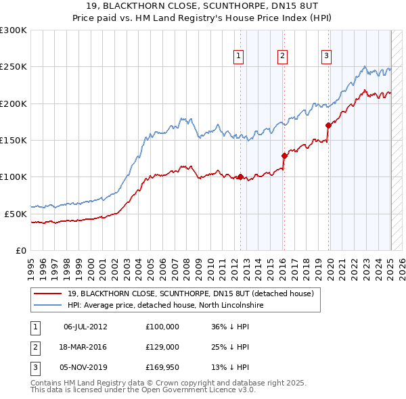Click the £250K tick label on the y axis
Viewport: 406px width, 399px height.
(14, 67)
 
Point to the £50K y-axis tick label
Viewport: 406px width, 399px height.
(16, 214)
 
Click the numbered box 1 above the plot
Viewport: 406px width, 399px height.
(240, 56)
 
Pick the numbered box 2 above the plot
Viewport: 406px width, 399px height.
(282, 56)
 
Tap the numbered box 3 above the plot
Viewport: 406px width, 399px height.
(326, 56)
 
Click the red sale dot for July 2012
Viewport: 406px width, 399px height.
(240, 177)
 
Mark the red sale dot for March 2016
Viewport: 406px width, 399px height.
(285, 156)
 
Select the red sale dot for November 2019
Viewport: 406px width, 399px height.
(328, 125)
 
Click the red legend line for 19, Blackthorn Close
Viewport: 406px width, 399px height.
(48, 294)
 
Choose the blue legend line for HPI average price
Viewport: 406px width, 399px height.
(48, 305)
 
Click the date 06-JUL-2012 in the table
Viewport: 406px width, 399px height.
(85, 327)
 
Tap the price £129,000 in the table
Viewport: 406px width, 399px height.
(162, 347)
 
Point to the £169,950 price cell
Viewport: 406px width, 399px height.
(162, 367)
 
